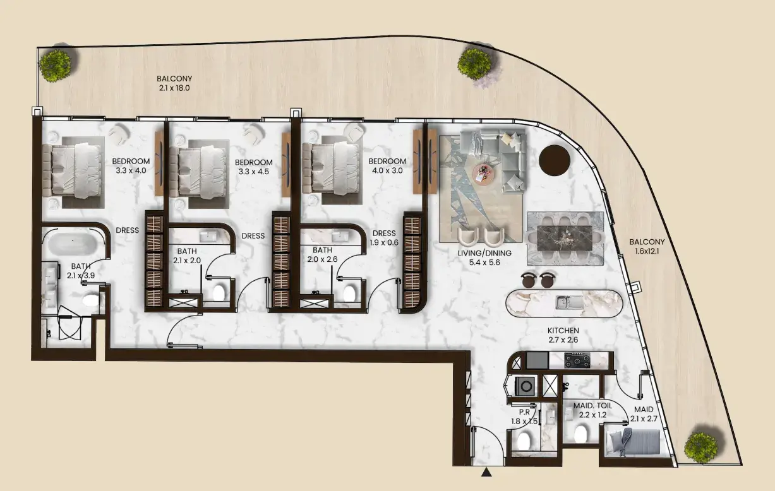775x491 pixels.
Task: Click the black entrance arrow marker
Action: coord(486,472)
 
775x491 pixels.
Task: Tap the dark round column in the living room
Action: coord(555,160)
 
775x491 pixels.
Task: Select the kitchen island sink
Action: coord(569,302)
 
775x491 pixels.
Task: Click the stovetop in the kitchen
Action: coord(577,360)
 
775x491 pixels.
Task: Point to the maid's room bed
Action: coord(635,442)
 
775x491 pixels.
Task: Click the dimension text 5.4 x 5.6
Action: coord(484,263)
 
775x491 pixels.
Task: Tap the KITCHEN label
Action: coord(563,331)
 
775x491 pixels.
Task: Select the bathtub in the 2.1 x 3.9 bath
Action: coord(72,244)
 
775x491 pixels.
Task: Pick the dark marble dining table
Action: coord(565,237)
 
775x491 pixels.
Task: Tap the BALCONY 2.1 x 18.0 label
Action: coord(174,83)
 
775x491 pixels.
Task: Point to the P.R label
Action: coord(524,412)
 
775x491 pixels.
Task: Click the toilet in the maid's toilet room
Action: coord(580,434)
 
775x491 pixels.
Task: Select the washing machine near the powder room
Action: coord(525,386)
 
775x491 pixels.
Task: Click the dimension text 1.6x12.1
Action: coord(647,251)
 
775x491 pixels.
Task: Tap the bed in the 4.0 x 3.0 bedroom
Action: coord(331,169)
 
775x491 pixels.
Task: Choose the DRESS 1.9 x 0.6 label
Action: coord(383,238)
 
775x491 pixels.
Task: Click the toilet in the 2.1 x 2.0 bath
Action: coord(219,293)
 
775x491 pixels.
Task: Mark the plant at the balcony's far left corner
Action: coord(56,66)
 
